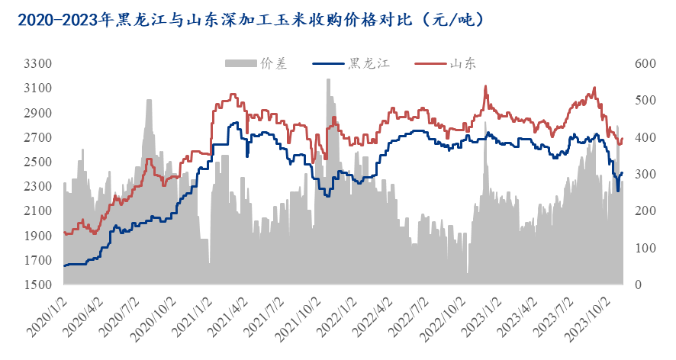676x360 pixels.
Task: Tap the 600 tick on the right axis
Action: [639, 64]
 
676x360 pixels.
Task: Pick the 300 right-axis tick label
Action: [639, 174]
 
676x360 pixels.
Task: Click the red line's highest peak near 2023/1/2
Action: [485, 87]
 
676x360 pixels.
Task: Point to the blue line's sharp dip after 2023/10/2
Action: [617, 190]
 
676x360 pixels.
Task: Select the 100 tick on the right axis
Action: [639, 248]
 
